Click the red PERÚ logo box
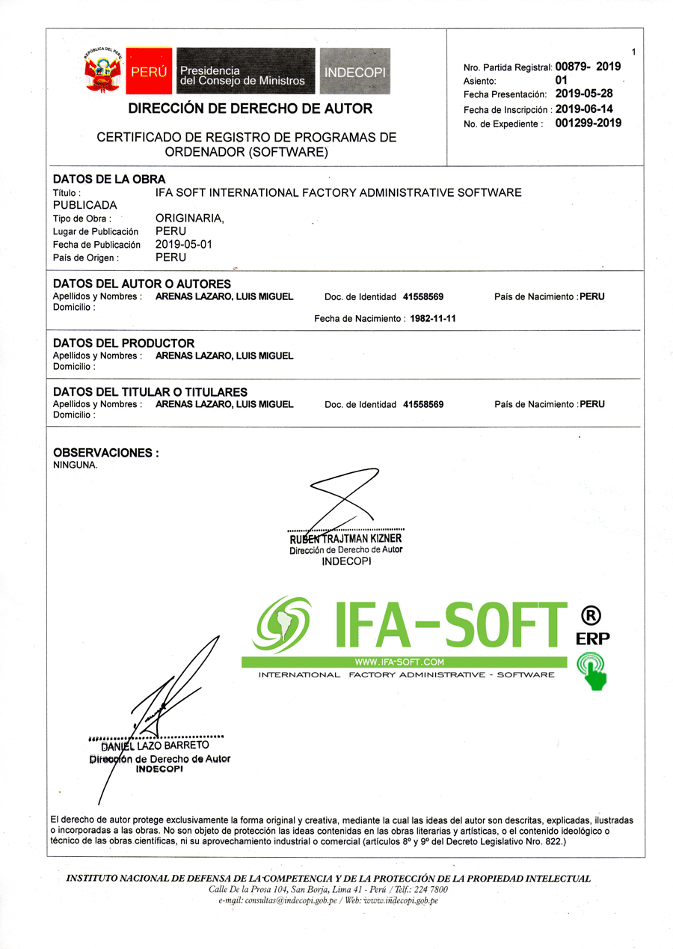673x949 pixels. pyautogui.click(x=149, y=72)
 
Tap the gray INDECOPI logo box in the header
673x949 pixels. pyautogui.click(x=355, y=72)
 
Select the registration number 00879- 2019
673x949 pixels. pyautogui.click(x=588, y=66)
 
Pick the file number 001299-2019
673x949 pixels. pyautogui.click(x=589, y=123)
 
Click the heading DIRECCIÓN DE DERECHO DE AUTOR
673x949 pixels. pyautogui.click(x=250, y=109)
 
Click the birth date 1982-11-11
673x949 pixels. pyautogui.click(x=428, y=318)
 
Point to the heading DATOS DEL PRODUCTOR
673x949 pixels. pyautogui.click(x=124, y=344)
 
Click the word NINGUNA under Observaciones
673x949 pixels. pyautogui.click(x=75, y=464)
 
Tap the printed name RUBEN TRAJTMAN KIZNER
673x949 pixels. pyautogui.click(x=345, y=539)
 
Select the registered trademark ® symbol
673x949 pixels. pyautogui.click(x=591, y=616)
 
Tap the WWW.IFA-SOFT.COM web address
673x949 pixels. pyautogui.click(x=399, y=662)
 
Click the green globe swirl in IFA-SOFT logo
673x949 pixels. pyautogui.click(x=281, y=624)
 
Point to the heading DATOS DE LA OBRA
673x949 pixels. pyautogui.click(x=109, y=179)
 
